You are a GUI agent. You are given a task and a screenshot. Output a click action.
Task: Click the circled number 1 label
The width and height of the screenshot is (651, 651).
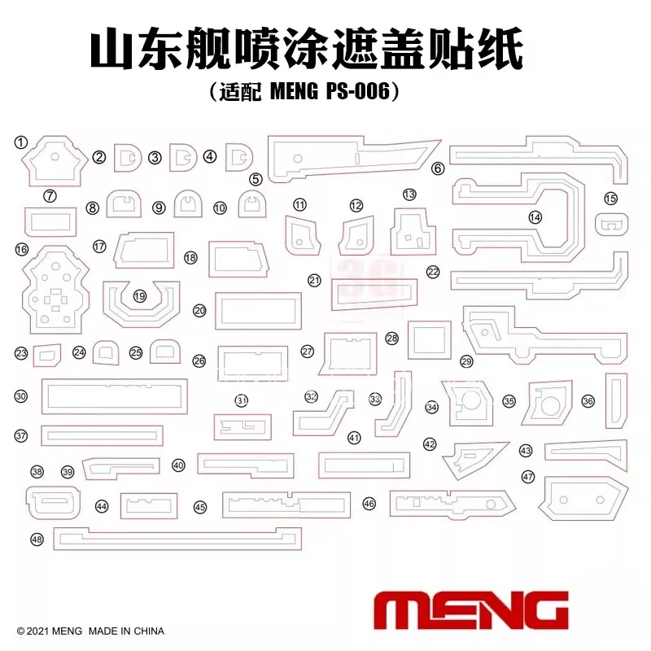click(21, 142)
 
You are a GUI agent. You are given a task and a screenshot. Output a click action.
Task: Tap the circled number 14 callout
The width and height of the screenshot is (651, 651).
click(535, 217)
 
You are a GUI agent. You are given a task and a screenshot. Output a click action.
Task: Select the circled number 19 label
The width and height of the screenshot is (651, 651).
click(140, 296)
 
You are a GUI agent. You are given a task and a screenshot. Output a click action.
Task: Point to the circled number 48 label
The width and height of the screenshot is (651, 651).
click(37, 540)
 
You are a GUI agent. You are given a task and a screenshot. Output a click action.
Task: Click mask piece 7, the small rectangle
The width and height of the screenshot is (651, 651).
click(50, 221)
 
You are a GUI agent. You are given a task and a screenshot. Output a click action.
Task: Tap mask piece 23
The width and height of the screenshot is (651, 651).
click(47, 354)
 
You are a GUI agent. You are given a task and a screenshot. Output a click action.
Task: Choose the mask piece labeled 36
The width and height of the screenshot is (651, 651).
click(616, 400)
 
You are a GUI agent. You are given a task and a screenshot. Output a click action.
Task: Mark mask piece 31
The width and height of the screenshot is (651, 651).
click(242, 425)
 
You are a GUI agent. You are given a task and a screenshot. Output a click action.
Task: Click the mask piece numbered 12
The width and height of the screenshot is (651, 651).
click(356, 234)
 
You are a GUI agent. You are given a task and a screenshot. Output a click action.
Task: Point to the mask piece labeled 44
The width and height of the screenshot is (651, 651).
click(148, 505)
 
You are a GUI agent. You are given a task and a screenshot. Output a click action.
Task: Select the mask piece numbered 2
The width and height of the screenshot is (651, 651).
click(128, 157)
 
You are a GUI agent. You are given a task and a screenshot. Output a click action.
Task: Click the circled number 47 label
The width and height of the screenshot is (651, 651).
click(528, 477)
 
